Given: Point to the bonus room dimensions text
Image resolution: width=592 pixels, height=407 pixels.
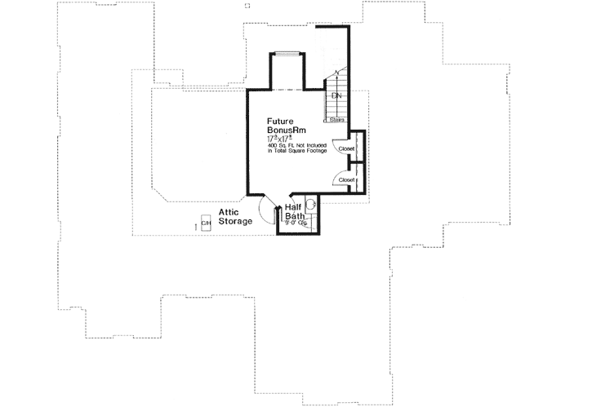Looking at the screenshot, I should tap(279, 139).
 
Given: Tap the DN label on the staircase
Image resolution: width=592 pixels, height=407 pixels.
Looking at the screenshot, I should tap(336, 96).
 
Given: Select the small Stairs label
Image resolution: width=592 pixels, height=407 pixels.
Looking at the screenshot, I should tap(336, 120).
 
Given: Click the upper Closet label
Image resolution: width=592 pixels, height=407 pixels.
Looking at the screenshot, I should tap(345, 149).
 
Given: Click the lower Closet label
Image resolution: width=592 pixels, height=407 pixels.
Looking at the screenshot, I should tap(345, 179).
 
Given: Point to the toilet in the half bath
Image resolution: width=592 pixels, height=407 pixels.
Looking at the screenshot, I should tap(311, 204).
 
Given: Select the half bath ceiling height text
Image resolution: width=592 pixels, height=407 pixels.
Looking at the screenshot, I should tap(295, 222).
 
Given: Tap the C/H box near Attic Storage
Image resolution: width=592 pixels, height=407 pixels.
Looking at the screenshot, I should tap(205, 222).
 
